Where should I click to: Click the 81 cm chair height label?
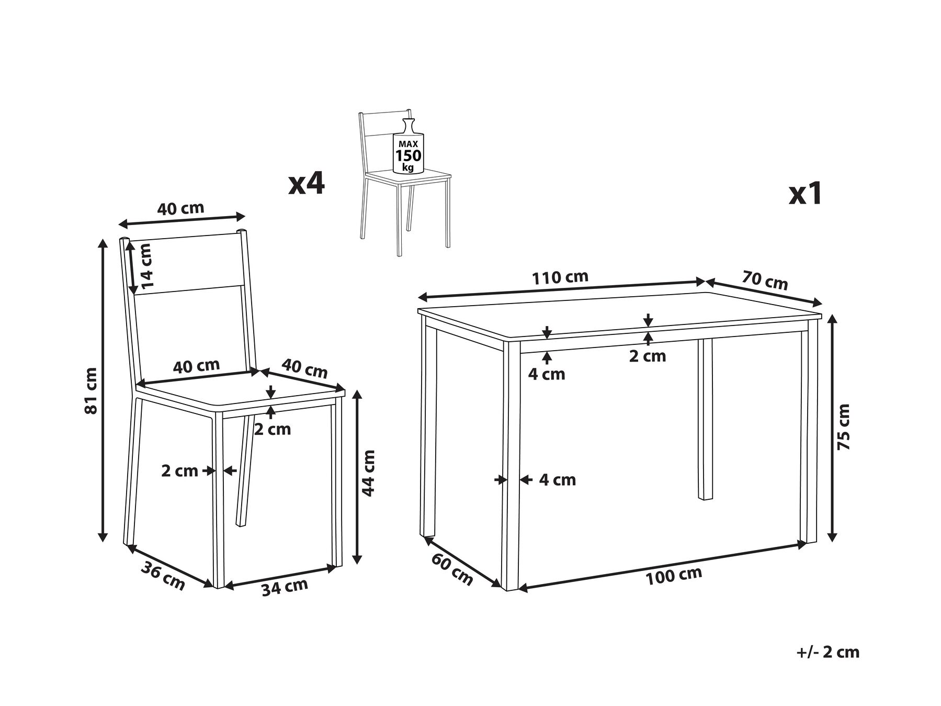pos(91,390)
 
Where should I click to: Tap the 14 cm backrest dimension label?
pos(147,266)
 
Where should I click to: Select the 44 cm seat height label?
pos(369,473)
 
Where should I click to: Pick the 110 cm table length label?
pos(560,277)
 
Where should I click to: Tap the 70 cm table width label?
pos(764,280)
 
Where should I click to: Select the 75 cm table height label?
pos(843,427)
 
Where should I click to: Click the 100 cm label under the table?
pos(674,576)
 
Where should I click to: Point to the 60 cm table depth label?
pos(452,569)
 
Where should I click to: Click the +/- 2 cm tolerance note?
pos(828,652)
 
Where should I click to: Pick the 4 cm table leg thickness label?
pos(558,479)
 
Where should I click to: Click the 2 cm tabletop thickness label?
pos(648,356)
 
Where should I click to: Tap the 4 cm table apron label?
pos(547,374)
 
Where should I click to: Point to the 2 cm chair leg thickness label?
pos(179,471)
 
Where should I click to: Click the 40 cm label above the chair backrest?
pos(180,209)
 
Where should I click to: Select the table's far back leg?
pos(706,419)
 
